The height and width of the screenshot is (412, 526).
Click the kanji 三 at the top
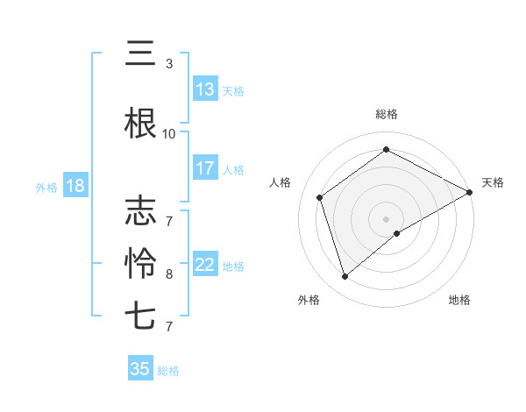tap(140, 54)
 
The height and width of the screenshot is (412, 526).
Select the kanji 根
tap(140, 124)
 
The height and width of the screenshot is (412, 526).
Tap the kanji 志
tap(140, 212)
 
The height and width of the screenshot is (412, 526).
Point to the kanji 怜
tap(140, 262)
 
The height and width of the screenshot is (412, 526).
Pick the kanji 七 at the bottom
tap(140, 316)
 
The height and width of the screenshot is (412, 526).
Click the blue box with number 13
tap(205, 90)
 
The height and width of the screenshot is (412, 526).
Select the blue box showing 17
tap(205, 168)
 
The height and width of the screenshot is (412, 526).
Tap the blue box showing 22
tap(205, 266)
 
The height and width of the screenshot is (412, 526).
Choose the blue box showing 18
tap(75, 186)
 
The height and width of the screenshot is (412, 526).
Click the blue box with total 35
tap(140, 369)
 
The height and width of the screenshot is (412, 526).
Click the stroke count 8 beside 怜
tap(169, 273)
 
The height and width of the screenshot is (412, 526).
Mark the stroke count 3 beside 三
tap(169, 64)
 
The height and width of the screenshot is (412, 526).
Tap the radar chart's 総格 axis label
tap(387, 114)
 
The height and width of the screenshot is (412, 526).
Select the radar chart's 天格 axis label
tap(493, 182)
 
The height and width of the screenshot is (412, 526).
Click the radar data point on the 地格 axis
tap(398, 233)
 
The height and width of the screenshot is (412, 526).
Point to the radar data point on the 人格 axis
tap(320, 197)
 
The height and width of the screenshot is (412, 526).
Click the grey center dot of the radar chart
tap(387, 218)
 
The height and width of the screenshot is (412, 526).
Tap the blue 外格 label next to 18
tap(46, 187)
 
